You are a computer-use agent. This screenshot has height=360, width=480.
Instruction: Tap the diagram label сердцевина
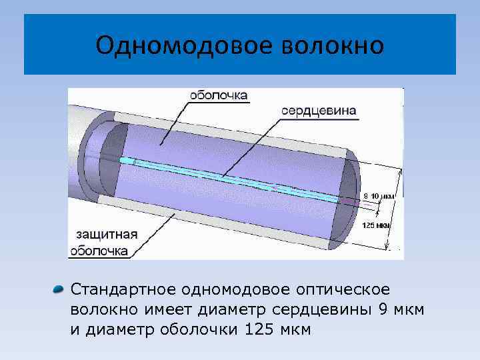tap(319, 110)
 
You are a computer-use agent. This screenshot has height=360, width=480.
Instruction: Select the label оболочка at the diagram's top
tap(219, 95)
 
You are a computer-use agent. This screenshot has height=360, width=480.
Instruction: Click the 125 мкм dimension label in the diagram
tap(376, 225)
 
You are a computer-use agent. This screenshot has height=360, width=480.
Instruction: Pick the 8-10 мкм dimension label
tap(379, 195)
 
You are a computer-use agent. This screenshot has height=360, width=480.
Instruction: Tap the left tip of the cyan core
tap(121, 161)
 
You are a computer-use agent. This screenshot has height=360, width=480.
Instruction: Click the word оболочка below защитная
tap(100, 251)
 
